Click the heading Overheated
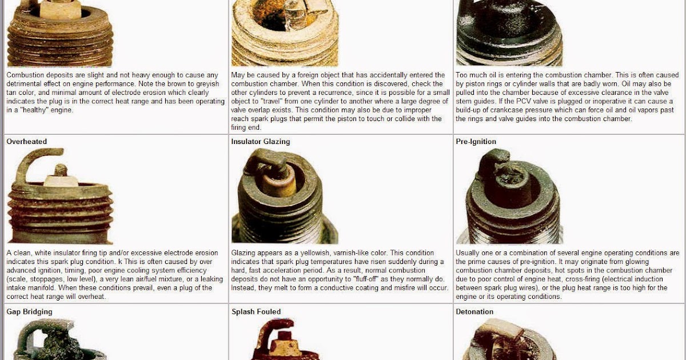coord(26,141)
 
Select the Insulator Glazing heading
coord(261,141)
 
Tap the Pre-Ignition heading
coord(476,141)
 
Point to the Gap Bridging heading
coord(29,311)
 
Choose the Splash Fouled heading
coord(256,311)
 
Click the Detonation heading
coord(474,311)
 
